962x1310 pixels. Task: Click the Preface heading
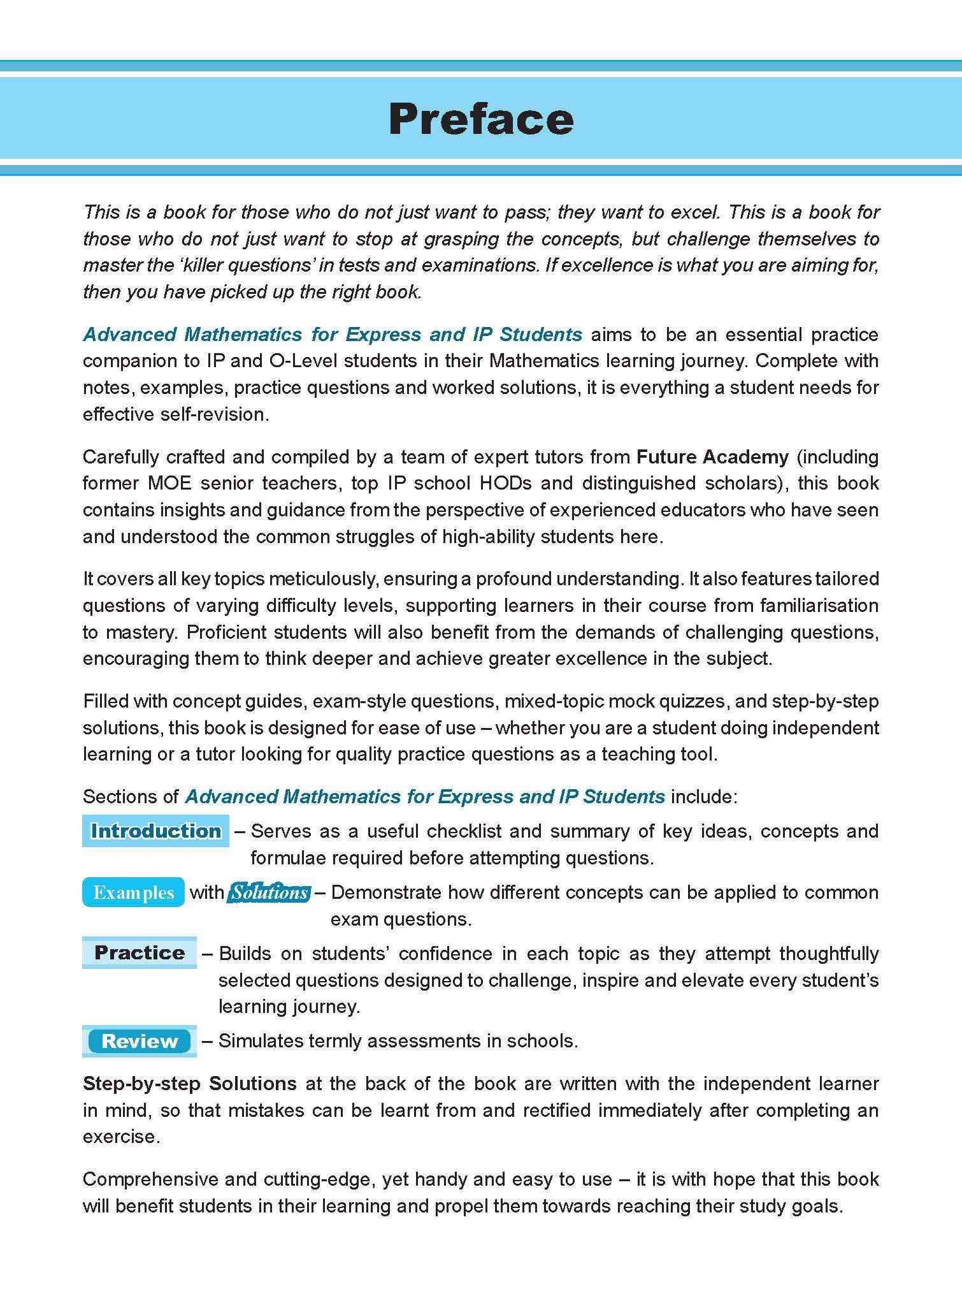[x=481, y=119]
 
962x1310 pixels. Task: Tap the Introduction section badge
[x=155, y=831]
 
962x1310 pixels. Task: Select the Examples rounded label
[x=133, y=892]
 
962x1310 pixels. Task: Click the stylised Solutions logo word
[x=269, y=892]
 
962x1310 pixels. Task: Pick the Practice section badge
[x=140, y=952]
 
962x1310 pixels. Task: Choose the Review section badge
[x=140, y=1041]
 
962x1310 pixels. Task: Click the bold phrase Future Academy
[x=713, y=456]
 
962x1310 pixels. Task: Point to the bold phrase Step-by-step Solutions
[x=190, y=1084]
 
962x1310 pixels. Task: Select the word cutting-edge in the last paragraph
[x=317, y=1179]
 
